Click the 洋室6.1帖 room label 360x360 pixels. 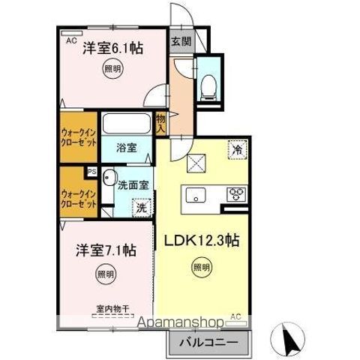[112, 47]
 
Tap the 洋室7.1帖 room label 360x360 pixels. [106, 249]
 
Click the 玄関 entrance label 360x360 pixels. [179, 42]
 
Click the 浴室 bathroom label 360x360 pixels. [126, 148]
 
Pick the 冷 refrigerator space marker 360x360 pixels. [236, 149]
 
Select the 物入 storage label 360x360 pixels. [160, 124]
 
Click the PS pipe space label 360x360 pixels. [91, 172]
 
